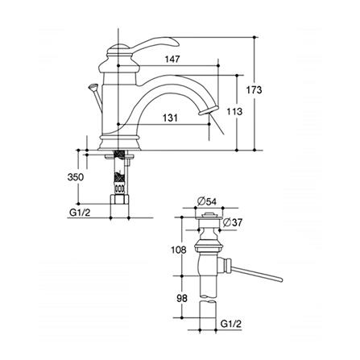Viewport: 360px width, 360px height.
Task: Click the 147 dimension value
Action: tap(172, 59)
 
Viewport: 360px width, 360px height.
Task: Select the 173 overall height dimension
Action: tap(254, 89)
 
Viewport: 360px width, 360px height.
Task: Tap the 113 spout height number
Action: tap(234, 111)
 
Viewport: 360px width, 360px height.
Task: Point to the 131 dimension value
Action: tap(170, 118)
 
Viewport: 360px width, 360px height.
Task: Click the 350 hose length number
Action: tap(76, 177)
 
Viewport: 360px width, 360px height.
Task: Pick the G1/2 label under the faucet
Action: tap(80, 213)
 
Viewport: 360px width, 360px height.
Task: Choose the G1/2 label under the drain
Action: tap(231, 324)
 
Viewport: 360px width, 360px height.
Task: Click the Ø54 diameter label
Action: tap(206, 201)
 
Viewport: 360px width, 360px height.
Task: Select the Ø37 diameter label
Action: tap(233, 222)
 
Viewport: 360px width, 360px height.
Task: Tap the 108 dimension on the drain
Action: tap(179, 250)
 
